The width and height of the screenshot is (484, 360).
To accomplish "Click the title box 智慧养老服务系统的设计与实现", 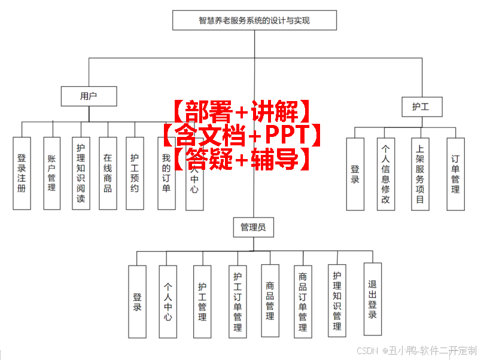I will point(254,20).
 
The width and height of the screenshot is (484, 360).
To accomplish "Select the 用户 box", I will point(89,96).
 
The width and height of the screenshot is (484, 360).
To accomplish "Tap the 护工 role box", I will point(422,107).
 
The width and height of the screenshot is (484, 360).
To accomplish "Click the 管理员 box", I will point(253,227).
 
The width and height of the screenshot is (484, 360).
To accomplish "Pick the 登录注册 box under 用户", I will point(22,173).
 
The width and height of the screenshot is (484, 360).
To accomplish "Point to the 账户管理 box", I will point(51,173).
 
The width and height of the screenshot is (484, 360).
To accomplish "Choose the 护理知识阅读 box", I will point(81,173).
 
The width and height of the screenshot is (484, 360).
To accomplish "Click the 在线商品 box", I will point(108,173).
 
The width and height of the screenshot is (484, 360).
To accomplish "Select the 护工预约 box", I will point(135,173).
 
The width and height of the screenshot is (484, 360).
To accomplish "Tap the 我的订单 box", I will point(166,173).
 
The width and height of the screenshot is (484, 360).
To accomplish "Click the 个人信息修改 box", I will point(385,174).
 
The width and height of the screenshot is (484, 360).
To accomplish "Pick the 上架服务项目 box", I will point(420,174).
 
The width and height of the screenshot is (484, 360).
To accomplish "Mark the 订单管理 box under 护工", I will point(455,174).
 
